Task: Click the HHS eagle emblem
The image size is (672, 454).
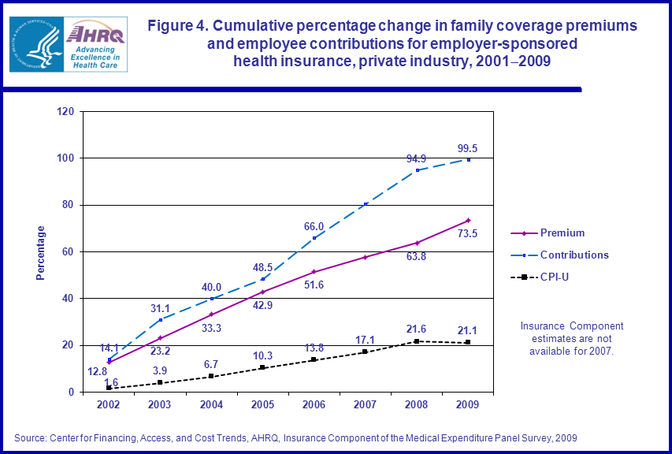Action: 35,44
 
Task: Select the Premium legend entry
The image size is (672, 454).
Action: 562,233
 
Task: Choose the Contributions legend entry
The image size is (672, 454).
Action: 574,255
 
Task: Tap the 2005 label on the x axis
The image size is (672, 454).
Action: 262,405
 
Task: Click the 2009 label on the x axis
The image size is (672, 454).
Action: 468,405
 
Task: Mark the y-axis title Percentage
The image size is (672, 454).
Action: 41,252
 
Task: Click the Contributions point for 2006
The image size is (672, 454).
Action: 314,238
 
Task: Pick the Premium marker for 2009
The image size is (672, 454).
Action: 468,220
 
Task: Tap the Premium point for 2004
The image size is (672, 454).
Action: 211,314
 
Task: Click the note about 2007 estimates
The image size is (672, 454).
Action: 572,338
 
